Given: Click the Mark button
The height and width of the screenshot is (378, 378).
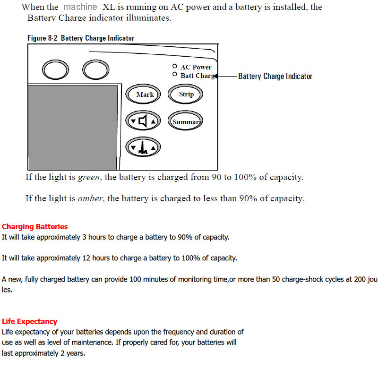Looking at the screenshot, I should click(x=145, y=94).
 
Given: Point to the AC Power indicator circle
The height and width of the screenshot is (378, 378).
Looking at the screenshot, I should click(x=175, y=67).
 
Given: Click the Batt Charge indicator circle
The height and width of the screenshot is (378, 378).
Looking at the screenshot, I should click(x=175, y=75).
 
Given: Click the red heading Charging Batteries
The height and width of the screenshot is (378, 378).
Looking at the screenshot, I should click(x=35, y=227).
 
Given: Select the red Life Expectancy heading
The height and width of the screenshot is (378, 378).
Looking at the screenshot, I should click(x=30, y=322).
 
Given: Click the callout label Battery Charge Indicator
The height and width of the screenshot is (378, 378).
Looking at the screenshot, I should click(x=275, y=76).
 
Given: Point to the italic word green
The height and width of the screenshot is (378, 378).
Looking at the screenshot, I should click(x=89, y=178).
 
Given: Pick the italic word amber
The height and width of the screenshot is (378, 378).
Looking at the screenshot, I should click(x=90, y=198).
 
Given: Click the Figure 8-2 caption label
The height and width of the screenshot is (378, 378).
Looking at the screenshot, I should click(x=81, y=38).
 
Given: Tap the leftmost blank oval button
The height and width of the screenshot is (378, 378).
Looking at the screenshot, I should click(x=55, y=70).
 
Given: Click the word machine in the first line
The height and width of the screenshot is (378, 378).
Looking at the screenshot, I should click(x=80, y=7).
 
